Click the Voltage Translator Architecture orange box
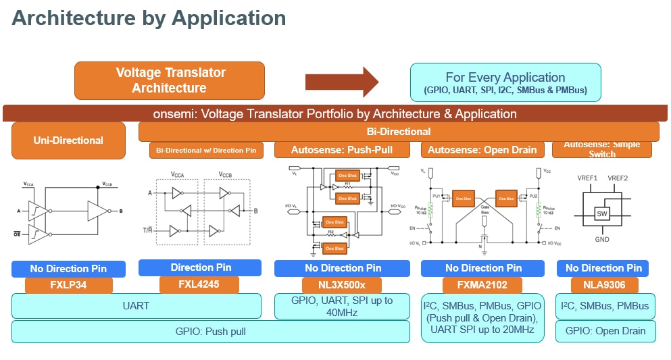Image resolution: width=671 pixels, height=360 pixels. click(169, 80)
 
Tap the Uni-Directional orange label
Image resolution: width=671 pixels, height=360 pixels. click(68, 140)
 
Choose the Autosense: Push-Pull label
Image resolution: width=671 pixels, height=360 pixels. click(341, 150)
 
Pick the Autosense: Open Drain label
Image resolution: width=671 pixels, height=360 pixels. click(482, 150)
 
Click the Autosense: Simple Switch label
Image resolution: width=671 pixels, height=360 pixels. click(602, 149)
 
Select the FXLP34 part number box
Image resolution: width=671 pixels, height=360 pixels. click(69, 286)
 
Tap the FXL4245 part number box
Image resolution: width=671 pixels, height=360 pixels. click(199, 284)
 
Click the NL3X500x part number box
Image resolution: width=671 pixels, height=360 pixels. click(341, 285)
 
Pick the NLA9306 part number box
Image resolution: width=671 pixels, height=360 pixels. click(602, 285)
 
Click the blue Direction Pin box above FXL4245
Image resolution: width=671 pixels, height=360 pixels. click(200, 267)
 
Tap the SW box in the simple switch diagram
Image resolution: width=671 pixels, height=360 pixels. click(601, 214)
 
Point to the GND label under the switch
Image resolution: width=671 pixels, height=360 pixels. click(601, 240)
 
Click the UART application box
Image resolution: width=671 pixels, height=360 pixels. click(136, 306)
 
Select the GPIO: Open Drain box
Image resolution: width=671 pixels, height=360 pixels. click(605, 331)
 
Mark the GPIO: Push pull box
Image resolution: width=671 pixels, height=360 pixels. click(211, 332)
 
